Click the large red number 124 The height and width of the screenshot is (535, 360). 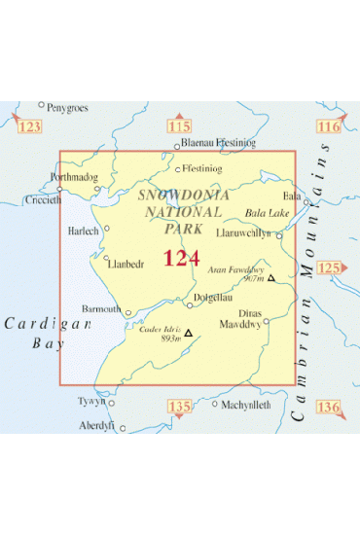tap(182, 258)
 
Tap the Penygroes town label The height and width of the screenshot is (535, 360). tap(69, 104)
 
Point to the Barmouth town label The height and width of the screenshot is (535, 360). tap(102, 308)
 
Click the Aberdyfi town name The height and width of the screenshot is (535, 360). tap(97, 425)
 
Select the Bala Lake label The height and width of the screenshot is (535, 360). tap(267, 212)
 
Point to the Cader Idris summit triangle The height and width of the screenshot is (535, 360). tap(189, 333)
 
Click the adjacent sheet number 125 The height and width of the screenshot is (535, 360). tap(331, 267)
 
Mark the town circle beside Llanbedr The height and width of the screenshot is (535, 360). tap(103, 260)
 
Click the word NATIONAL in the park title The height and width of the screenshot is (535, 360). tap(178, 212)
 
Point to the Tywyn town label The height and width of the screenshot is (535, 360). tap(90, 401)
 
